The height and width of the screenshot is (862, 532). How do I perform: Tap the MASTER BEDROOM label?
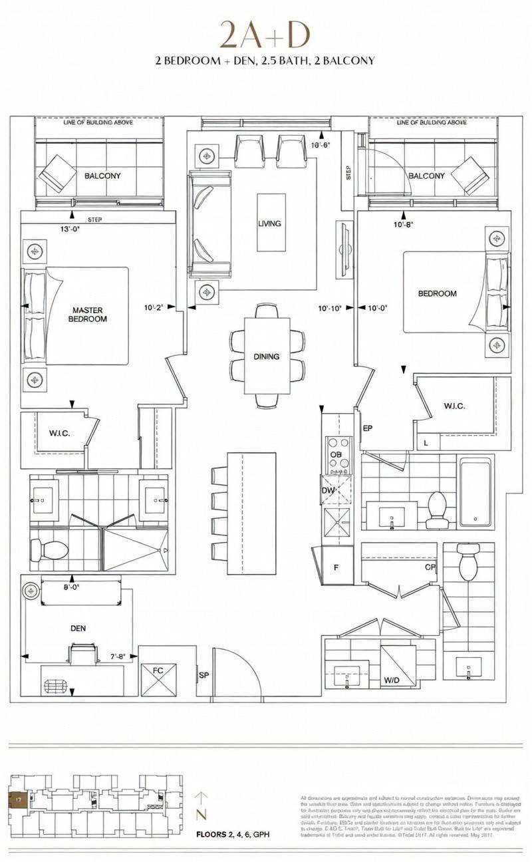[x=88, y=314]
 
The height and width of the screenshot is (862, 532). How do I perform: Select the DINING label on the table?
[x=266, y=357]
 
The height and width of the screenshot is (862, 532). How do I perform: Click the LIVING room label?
[x=269, y=223]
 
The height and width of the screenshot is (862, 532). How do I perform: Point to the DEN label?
[x=78, y=628]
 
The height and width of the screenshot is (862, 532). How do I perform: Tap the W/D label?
[x=391, y=681]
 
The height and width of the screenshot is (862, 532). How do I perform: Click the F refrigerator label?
[x=336, y=567]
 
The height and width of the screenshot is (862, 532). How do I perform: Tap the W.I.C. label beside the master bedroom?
[x=60, y=434]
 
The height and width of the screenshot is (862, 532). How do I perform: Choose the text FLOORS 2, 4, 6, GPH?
[x=232, y=834]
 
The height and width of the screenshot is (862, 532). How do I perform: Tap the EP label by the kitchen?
[x=367, y=428]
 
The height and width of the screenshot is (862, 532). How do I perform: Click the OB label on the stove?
[x=336, y=454]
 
